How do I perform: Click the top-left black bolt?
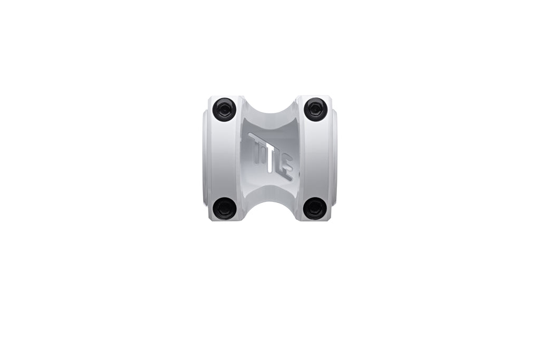(x=224, y=110)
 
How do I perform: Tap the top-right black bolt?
(x=315, y=109)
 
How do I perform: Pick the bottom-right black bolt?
(x=315, y=208)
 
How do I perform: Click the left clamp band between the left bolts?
(x=224, y=158)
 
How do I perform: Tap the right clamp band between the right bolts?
(x=315, y=158)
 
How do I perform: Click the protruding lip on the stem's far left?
(x=205, y=158)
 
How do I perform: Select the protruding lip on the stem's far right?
(x=335, y=158)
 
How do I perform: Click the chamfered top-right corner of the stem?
(x=329, y=99)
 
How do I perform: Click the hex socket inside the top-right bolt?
(x=315, y=109)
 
